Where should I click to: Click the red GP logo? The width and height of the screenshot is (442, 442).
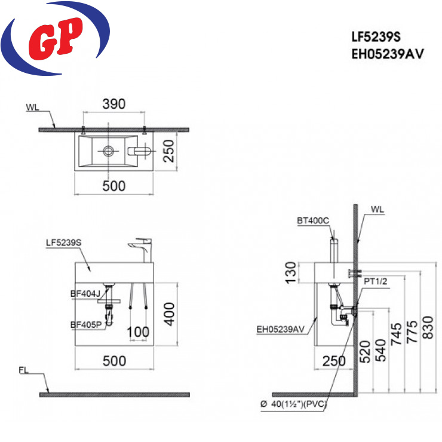55,39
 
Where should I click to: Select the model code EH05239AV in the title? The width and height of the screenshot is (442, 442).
387,54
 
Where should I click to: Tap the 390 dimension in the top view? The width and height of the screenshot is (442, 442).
114,104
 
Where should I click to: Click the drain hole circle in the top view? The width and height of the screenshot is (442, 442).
109,151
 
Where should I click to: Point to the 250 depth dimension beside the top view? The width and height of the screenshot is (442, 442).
169,151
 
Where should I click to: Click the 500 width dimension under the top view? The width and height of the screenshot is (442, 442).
114,186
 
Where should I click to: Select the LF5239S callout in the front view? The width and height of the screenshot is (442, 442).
64,243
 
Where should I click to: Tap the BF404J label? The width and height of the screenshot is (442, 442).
85,294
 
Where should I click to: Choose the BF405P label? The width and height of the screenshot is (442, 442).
86,325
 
